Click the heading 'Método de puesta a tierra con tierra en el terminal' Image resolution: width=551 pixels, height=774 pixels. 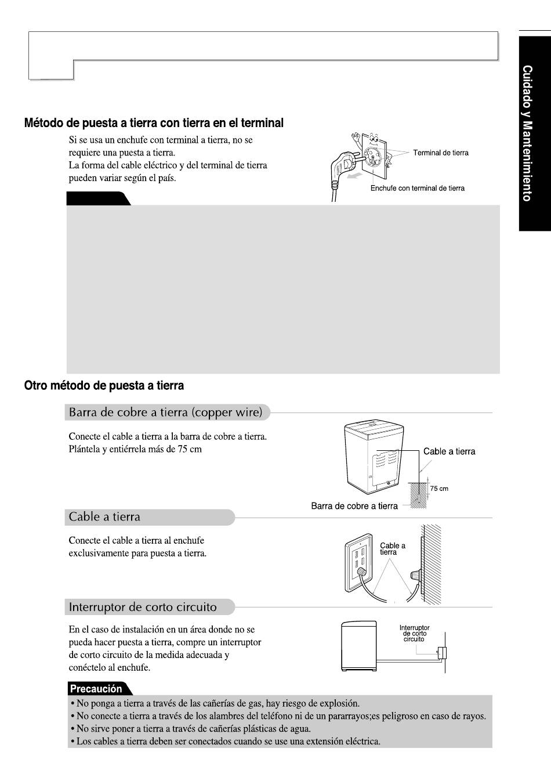point(154,123)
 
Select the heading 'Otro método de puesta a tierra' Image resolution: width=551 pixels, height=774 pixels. point(104,385)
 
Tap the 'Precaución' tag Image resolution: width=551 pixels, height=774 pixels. point(96,689)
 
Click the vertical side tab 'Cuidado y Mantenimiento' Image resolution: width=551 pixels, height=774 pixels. point(527,133)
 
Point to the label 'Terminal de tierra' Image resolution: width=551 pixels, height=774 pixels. point(440,153)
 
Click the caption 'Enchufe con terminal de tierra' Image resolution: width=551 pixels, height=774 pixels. point(417,188)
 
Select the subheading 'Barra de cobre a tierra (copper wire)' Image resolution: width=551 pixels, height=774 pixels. point(166,413)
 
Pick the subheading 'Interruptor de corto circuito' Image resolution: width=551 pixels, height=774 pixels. point(143,607)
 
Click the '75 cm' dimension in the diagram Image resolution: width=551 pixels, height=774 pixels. point(439,489)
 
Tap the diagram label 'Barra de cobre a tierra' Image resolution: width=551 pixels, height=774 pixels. point(354,506)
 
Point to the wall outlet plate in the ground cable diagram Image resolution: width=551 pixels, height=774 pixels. point(357,560)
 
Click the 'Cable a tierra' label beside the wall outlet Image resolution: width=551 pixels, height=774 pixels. point(393,549)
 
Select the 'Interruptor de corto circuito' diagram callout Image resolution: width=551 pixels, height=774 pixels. point(414,633)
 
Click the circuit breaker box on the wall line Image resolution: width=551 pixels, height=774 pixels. point(442,653)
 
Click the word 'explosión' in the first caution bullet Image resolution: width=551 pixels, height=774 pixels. point(340,703)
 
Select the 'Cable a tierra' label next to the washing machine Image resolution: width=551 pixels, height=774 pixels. point(449,451)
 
